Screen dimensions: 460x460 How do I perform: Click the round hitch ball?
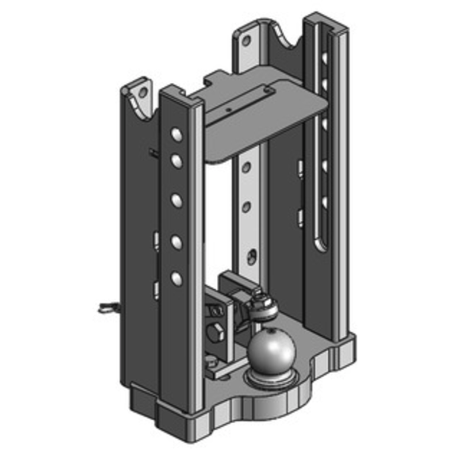pos(272,351)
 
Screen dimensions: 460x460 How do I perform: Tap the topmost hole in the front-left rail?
pos(176,135)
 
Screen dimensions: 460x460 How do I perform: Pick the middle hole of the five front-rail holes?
pos(176,200)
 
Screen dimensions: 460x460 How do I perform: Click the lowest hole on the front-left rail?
pos(176,279)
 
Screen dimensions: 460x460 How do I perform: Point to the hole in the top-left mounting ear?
pos(140,91)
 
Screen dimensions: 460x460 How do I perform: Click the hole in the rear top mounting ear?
pos(247,41)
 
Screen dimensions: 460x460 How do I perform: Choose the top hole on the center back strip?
pos(246,167)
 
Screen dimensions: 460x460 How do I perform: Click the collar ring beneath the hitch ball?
pos(270,378)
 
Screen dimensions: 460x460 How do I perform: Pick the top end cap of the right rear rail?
pos(326,21)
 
